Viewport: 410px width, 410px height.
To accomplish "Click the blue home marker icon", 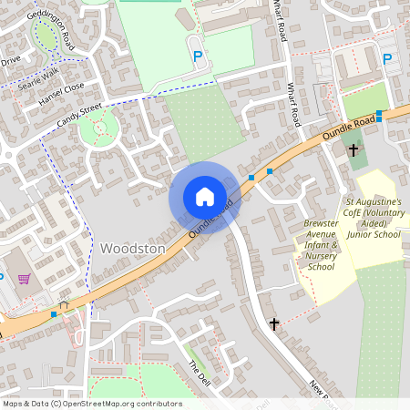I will coord(205,196).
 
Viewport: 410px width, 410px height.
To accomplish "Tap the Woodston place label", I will coord(133,248).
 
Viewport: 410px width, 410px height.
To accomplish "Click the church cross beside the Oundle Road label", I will coord(354,149).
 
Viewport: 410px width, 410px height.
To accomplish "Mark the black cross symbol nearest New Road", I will coord(274,323).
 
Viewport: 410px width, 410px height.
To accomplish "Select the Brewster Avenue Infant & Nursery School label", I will coord(321,244).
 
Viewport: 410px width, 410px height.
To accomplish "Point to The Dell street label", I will coord(199,373).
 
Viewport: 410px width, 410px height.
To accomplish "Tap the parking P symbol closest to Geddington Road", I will coord(198,57).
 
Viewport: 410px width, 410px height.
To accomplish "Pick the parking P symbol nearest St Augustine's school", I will coord(387,59).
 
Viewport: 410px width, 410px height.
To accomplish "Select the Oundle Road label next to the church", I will coord(350,128).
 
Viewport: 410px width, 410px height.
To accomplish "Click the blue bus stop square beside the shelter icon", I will coord(54,313).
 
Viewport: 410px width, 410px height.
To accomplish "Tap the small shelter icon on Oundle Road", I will coord(64,305).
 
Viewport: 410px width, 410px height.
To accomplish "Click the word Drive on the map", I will coord(10,61).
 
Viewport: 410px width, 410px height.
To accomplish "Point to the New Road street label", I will coord(323,393).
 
